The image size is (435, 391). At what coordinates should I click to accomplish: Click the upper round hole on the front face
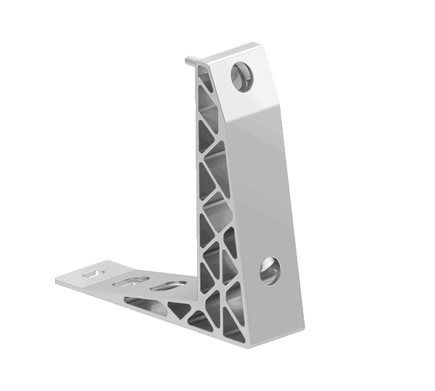click(x=241, y=75)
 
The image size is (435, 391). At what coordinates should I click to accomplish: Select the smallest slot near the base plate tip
click(x=92, y=274)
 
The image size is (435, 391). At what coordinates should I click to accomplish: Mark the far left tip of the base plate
click(x=57, y=276)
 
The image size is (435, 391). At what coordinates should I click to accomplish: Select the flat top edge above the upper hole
click(x=232, y=52)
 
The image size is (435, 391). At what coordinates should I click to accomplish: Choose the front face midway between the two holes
click(x=261, y=181)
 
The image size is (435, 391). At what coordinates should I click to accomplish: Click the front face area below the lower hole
click(x=279, y=304)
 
